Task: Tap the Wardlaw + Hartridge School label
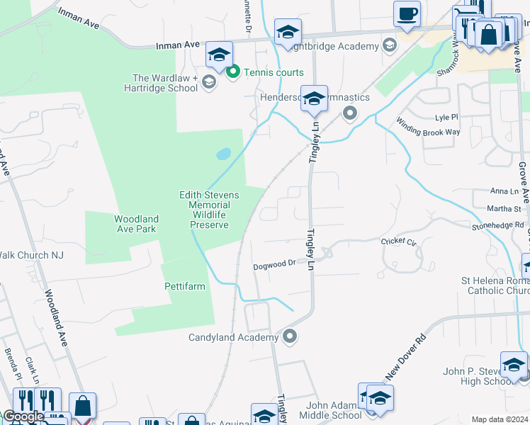pyautogui.click(x=165, y=84)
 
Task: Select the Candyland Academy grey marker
pyautogui.click(x=289, y=336)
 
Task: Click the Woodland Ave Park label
pyautogui.click(x=136, y=224)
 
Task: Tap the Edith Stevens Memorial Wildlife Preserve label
pyautogui.click(x=209, y=210)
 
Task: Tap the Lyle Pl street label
pyautogui.click(x=446, y=117)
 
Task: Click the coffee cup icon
pyautogui.click(x=407, y=13)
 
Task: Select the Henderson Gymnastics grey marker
pyautogui.click(x=349, y=113)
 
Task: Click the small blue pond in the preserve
pyautogui.click(x=224, y=154)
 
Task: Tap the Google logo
pyautogui.click(x=23, y=416)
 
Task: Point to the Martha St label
pyautogui.click(x=508, y=208)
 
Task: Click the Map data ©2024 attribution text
pyautogui.click(x=500, y=419)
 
